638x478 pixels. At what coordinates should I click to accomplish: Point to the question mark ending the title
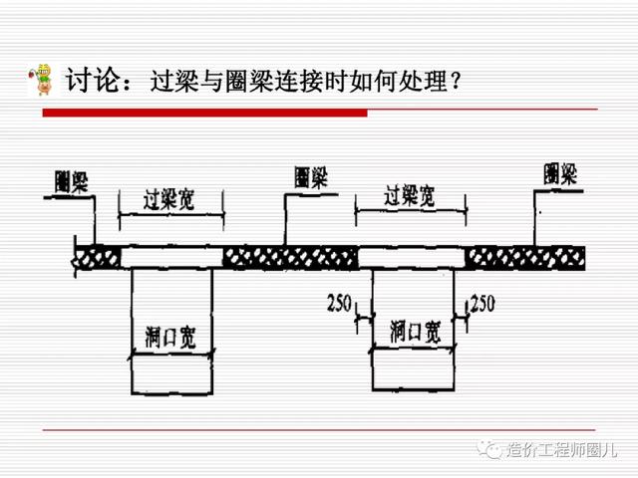[454, 80]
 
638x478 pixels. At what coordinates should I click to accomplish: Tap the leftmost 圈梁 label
[72, 181]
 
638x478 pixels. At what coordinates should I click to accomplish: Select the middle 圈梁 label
[311, 176]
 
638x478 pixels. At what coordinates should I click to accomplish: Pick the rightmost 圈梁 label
[561, 174]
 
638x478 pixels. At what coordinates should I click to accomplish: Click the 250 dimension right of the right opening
[481, 302]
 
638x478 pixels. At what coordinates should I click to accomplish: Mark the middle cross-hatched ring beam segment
[290, 258]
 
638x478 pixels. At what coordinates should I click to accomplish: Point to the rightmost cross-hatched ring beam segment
[525, 258]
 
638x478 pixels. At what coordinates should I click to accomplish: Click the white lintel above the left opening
[171, 257]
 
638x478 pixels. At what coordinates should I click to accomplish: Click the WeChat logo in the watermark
[493, 450]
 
